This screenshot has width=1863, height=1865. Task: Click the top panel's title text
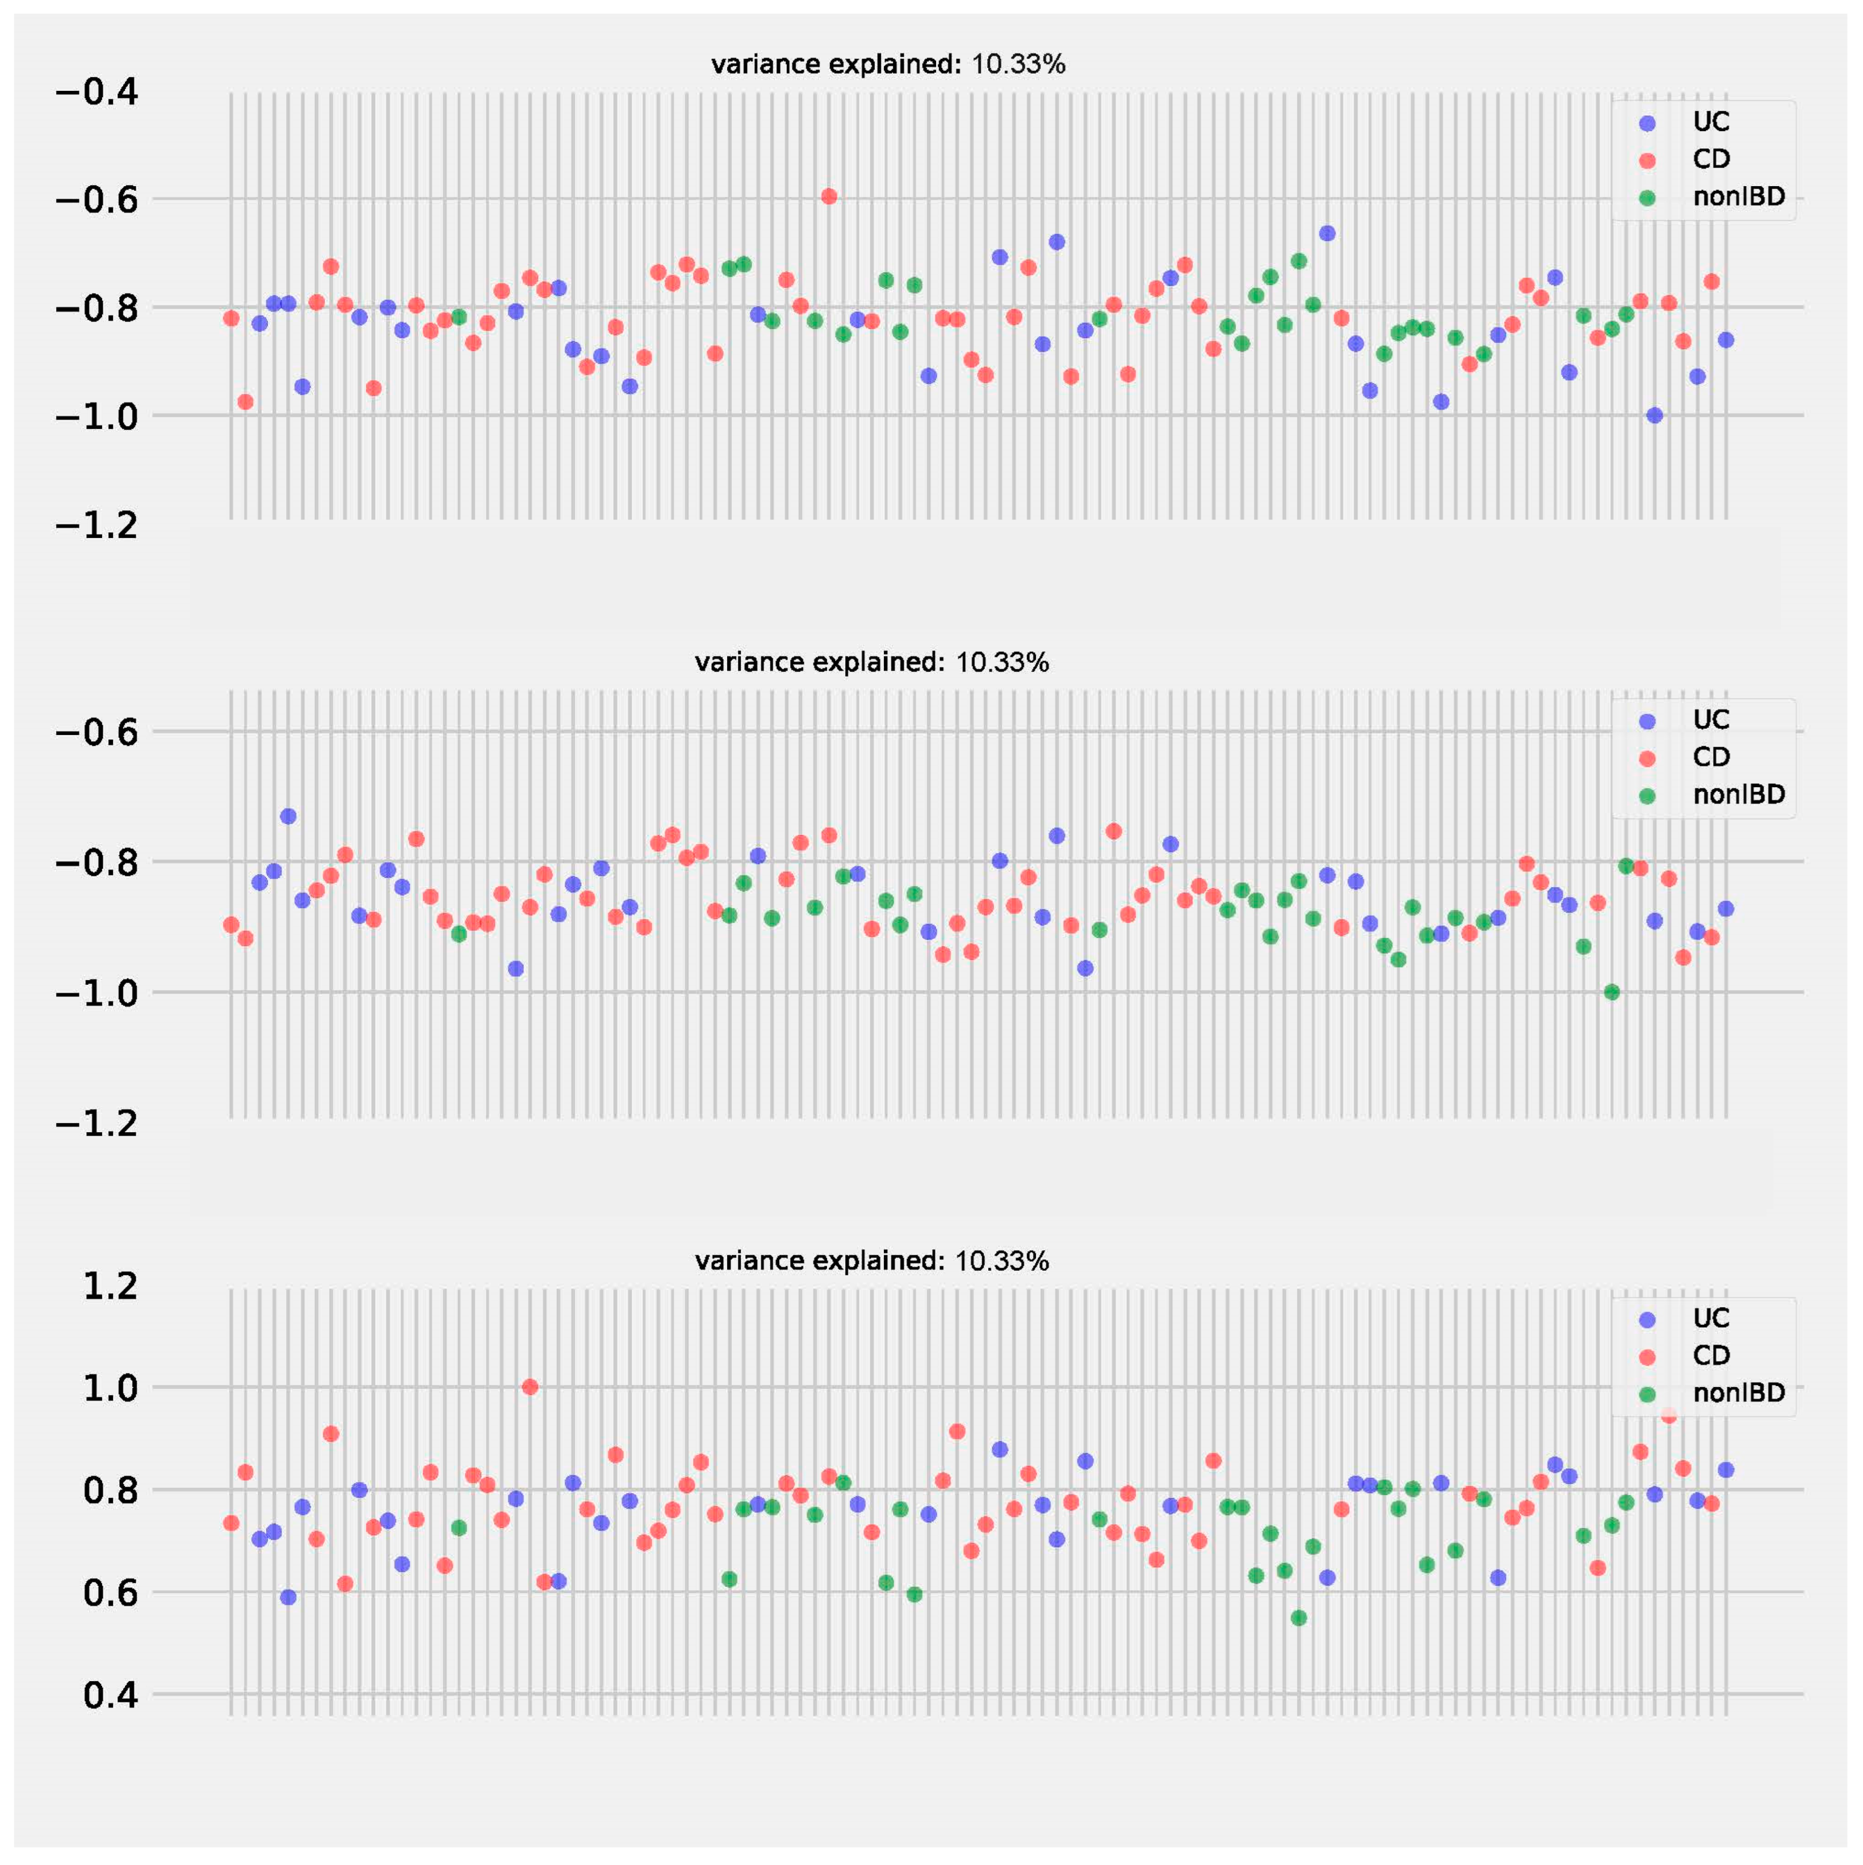pos(887,65)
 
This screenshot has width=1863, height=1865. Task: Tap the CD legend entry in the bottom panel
pos(1710,1355)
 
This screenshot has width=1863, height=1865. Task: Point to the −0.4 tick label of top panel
pos(96,93)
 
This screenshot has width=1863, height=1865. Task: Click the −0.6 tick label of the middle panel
pos(96,732)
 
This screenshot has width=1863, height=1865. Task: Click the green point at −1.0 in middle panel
pos(1611,992)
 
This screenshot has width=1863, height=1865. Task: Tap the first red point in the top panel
pos(230,318)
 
